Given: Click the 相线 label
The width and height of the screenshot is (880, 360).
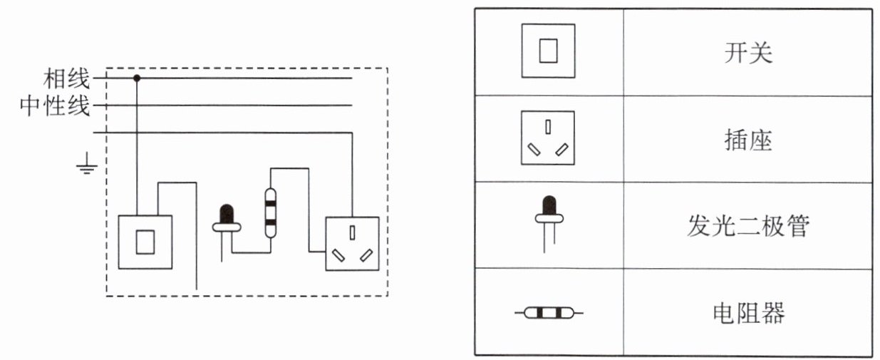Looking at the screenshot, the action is [67, 76].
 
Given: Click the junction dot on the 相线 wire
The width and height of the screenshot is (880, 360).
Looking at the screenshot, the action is [138, 76].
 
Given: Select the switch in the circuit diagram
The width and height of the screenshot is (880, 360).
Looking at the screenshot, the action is [145, 242].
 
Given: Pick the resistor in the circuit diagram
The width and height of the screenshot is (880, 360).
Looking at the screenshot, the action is [270, 212].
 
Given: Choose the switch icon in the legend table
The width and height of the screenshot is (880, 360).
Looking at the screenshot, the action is [548, 51].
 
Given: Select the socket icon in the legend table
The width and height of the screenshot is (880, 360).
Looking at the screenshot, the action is [547, 138].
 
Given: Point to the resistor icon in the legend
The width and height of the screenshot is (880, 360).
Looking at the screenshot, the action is [549, 312].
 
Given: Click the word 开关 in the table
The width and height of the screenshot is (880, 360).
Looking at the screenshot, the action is [747, 53].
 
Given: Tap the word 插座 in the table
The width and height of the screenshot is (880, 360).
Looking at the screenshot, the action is [747, 140].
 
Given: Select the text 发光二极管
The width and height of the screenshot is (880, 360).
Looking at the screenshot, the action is [747, 226].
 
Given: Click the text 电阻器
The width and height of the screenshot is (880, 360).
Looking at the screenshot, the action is [747, 312].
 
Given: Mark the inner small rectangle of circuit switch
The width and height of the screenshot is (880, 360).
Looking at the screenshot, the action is [145, 242].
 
